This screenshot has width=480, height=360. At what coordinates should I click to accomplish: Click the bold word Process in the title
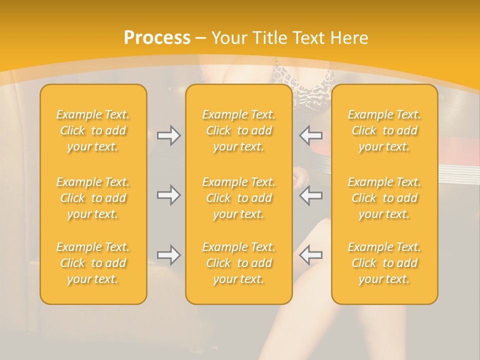(x=157, y=38)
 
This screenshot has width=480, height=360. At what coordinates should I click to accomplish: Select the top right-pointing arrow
(x=169, y=135)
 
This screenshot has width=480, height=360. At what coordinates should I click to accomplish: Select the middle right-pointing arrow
(x=169, y=195)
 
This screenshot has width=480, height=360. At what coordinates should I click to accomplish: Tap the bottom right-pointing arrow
(x=169, y=255)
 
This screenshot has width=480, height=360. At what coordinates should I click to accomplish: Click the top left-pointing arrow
(x=310, y=135)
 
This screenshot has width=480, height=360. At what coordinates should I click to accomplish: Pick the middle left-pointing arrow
(x=310, y=195)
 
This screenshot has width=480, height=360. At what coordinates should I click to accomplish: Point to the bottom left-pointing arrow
(x=310, y=255)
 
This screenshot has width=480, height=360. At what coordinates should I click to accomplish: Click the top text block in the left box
(x=93, y=130)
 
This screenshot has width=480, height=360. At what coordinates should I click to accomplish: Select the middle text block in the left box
(x=93, y=198)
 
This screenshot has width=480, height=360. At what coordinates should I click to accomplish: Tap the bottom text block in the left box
(x=93, y=263)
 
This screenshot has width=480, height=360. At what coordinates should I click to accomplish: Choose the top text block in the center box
(x=239, y=130)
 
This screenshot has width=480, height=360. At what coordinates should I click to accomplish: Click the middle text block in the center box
(x=239, y=198)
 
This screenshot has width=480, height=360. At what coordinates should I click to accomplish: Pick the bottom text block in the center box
(x=239, y=263)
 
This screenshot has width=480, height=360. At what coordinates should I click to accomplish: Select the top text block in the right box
(x=384, y=130)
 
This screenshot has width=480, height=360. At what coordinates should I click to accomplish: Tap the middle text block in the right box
(x=384, y=198)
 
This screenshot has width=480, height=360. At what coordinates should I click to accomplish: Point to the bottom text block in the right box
(x=384, y=263)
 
